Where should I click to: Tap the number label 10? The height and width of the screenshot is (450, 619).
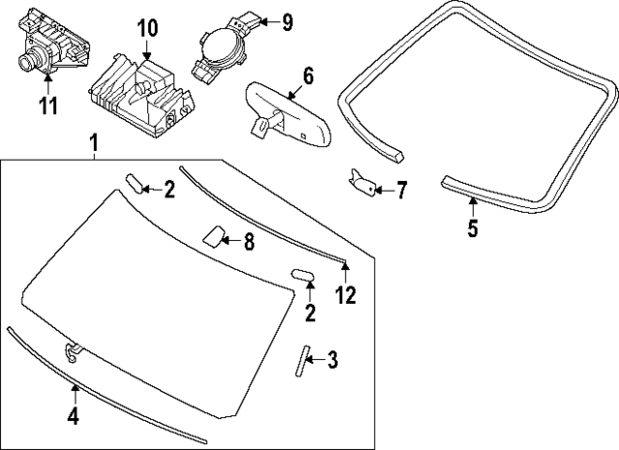[146, 27]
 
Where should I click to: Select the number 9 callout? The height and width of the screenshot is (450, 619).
[287, 19]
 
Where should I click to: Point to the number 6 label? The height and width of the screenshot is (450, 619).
[309, 75]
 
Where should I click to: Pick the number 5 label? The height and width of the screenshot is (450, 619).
[472, 229]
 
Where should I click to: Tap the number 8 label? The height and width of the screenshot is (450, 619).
[249, 243]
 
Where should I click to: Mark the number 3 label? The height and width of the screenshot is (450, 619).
[332, 362]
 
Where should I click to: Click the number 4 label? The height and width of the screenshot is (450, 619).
[74, 417]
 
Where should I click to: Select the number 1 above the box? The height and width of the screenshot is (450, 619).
[94, 144]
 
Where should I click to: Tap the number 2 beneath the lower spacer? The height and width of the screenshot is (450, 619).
[310, 313]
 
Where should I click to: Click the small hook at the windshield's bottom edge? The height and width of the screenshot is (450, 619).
[72, 350]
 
